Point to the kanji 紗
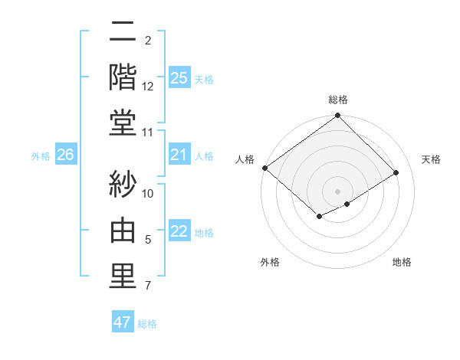[123, 185]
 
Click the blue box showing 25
[179, 78]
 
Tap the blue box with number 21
[179, 155]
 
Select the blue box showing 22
[179, 232]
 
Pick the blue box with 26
[65, 155]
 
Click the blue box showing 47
[123, 322]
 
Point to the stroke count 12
[148, 87]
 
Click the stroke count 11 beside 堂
[148, 133]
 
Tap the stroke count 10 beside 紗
[148, 193]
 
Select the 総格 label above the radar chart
[338, 100]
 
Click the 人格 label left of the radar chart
[245, 159]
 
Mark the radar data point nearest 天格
[396, 173]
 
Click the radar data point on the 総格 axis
[337, 116]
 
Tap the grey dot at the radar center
[337, 190]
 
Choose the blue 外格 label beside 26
[41, 156]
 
